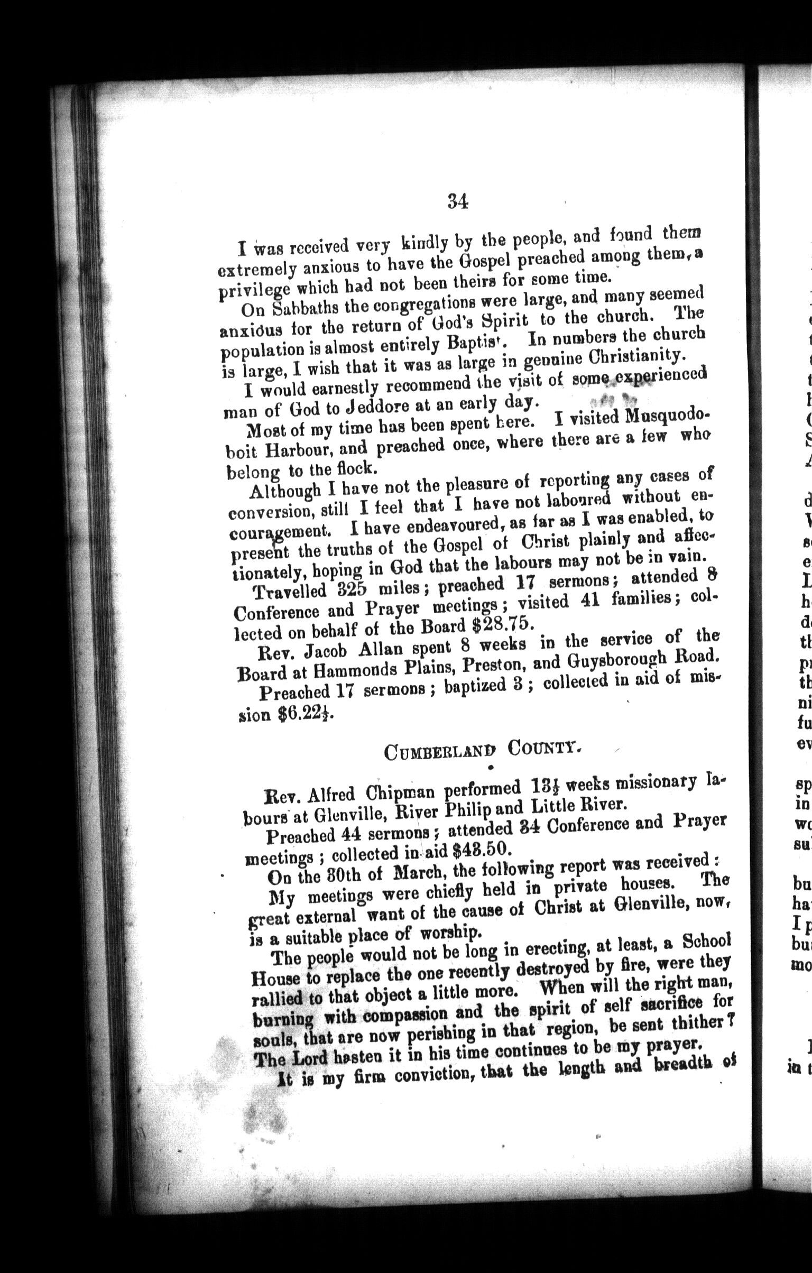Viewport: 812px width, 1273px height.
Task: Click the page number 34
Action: (x=458, y=201)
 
